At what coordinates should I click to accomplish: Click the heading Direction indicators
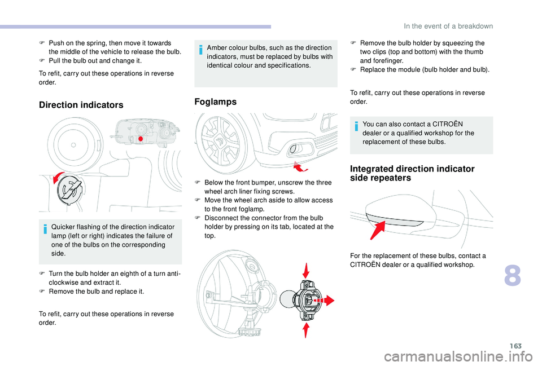(81, 105)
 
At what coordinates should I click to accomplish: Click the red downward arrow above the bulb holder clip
(305, 270)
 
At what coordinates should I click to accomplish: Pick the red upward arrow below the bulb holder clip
(305, 330)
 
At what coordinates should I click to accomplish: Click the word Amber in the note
(217, 47)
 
